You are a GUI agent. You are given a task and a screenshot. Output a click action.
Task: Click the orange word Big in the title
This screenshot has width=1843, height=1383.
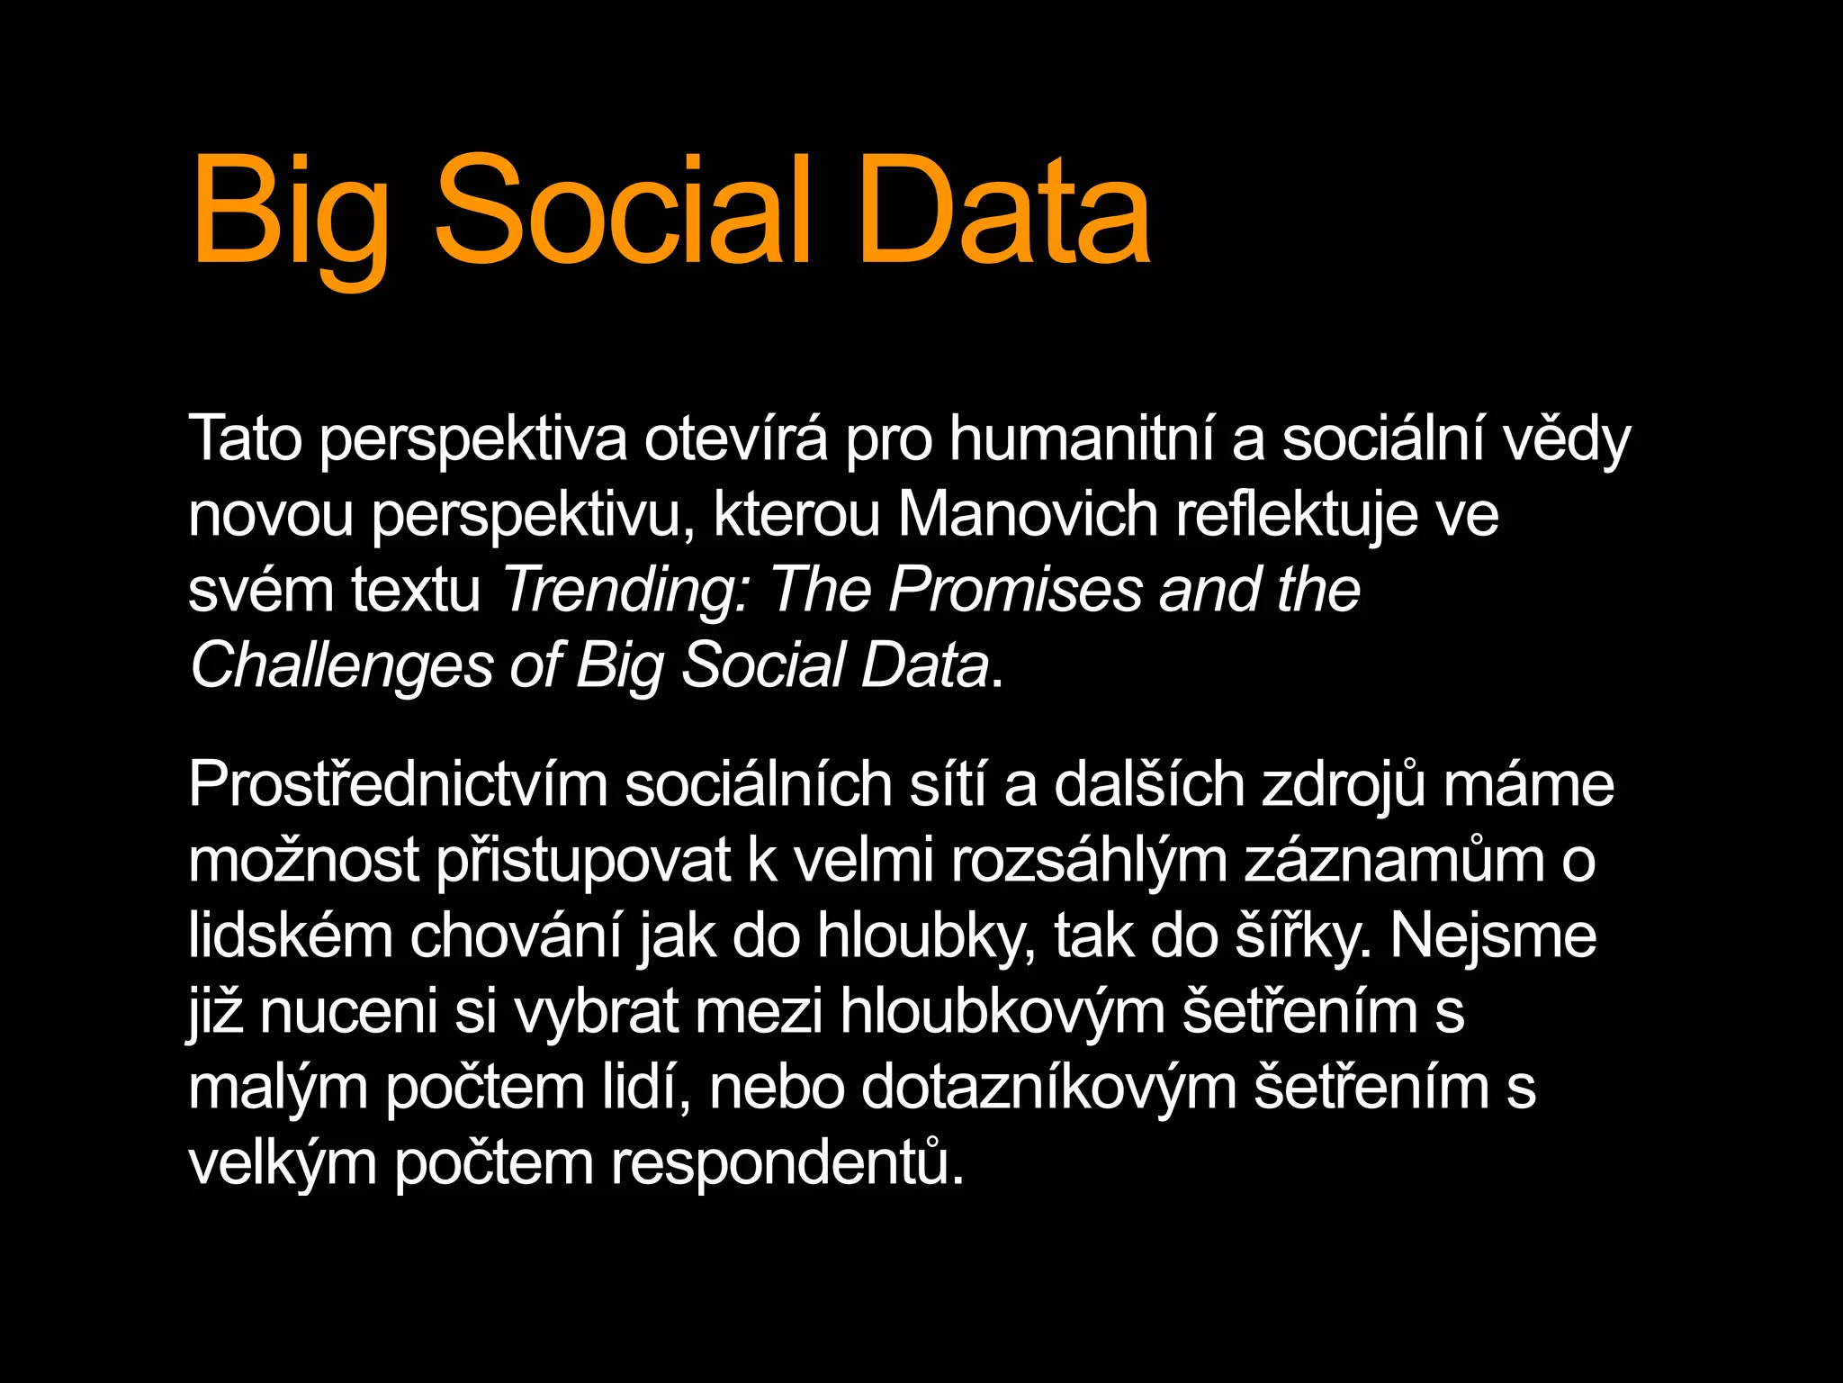(291, 212)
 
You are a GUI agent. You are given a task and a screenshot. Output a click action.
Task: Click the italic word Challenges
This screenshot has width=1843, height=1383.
(342, 667)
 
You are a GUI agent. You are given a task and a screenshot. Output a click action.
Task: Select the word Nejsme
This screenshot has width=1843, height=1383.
(1493, 937)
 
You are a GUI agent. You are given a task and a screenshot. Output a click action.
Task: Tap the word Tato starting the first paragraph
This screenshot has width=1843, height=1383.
(245, 439)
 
